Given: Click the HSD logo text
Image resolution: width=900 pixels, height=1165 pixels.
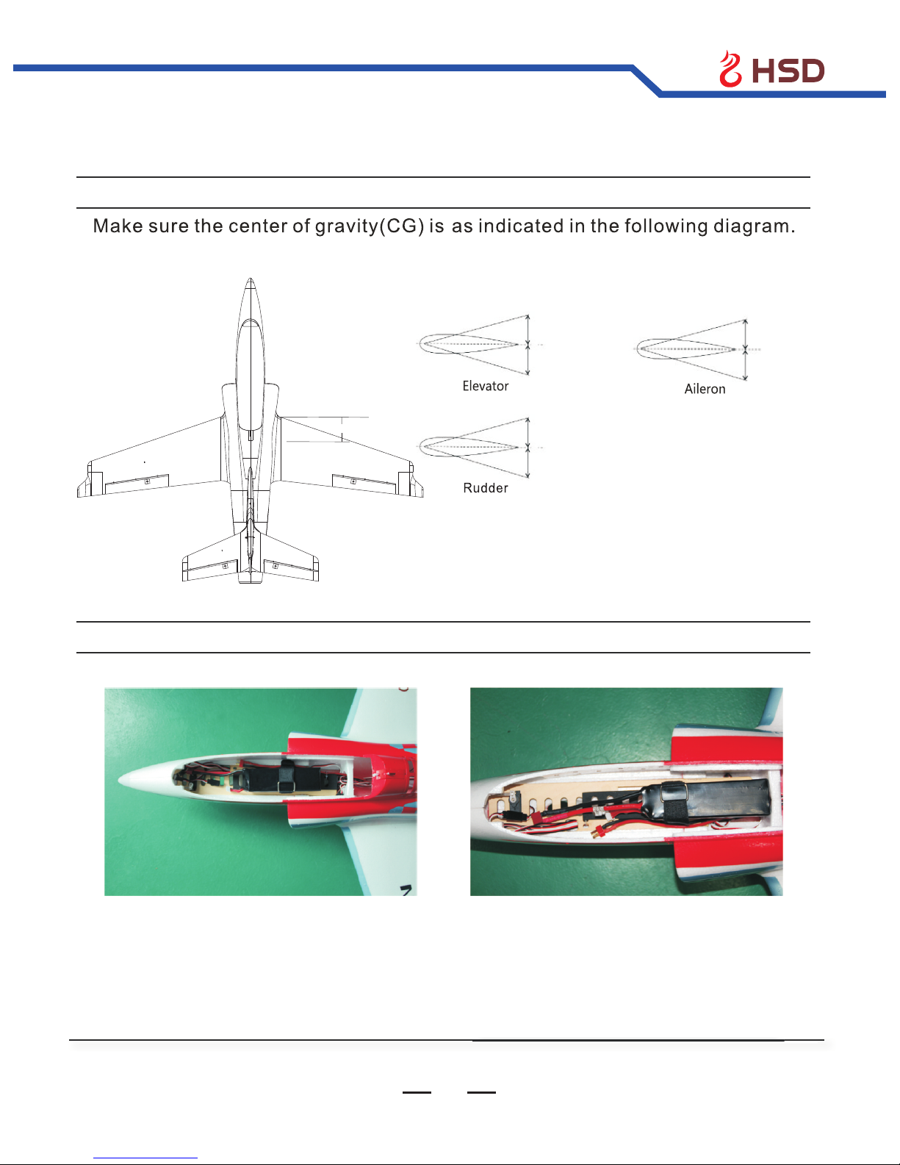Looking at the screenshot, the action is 788,71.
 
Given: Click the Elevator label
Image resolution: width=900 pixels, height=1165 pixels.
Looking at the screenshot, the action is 486,386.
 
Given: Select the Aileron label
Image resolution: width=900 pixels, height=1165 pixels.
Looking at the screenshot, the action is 705,390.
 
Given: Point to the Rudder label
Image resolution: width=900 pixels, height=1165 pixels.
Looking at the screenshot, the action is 486,488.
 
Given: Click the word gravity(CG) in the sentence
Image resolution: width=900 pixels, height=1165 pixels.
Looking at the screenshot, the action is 370,226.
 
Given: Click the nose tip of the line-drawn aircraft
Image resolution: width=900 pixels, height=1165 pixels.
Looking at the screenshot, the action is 251,279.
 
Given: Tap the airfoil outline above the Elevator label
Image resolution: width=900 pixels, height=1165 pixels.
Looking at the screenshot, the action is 469,344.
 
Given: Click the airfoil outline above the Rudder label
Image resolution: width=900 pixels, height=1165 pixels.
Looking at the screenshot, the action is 469,447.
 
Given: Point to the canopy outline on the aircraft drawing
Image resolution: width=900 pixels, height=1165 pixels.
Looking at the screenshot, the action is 251,376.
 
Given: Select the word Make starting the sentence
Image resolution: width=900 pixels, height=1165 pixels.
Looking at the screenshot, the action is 118,226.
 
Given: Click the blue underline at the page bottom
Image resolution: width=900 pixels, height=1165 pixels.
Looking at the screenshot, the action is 145,1158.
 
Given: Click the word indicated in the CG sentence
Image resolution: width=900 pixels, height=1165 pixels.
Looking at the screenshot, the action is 521,226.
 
